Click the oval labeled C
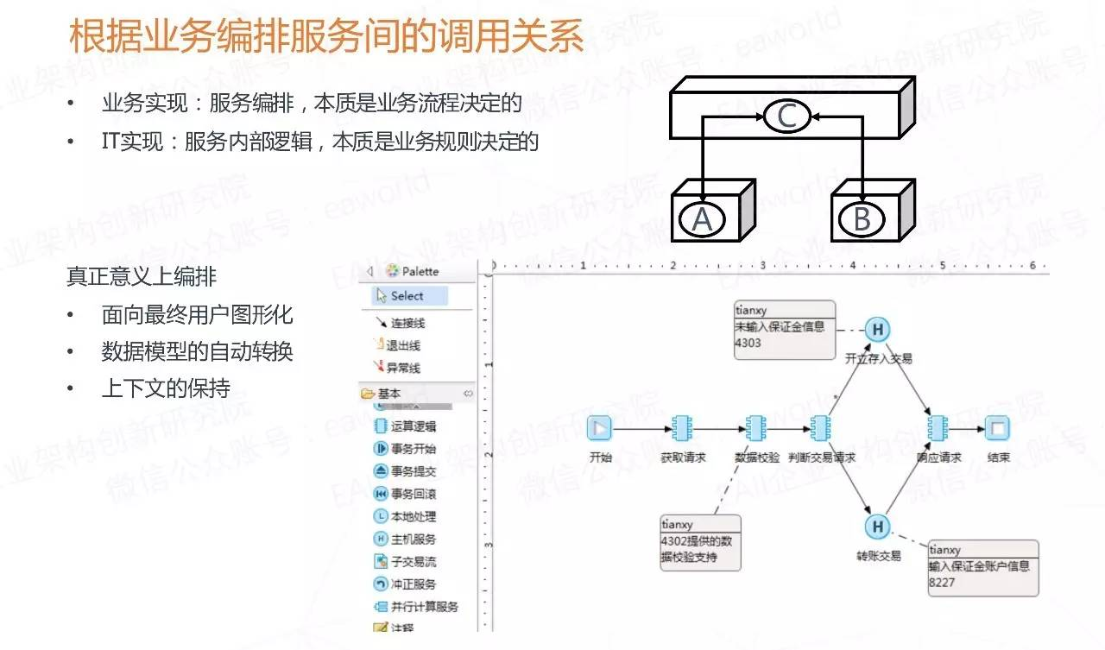786,117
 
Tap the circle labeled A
702,220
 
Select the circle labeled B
862,220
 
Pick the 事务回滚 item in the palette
405,494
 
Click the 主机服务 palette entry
405,539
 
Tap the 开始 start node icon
599,427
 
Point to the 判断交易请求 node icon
820,427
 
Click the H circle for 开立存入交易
878,329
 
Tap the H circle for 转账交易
877,527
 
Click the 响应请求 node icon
937,427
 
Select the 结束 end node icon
998,427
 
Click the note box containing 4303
785,330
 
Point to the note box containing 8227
982,567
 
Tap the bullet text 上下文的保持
166,388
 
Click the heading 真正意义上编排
142,276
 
